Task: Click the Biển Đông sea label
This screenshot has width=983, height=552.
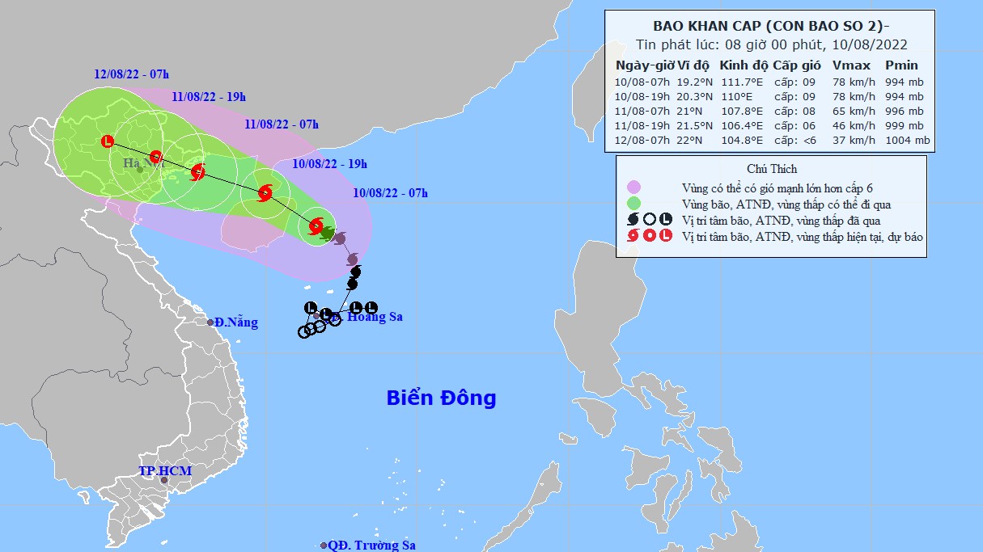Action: (x=441, y=398)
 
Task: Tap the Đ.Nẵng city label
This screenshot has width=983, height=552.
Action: (x=236, y=322)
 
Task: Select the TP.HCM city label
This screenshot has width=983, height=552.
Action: (x=164, y=470)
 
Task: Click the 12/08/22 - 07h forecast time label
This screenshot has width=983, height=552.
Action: (x=130, y=74)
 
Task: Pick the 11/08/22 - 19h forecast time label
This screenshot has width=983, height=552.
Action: (x=209, y=96)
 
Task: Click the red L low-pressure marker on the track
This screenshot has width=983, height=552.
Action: (x=108, y=141)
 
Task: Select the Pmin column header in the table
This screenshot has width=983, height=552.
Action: (x=901, y=65)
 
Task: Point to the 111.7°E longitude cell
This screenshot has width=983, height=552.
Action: (x=741, y=82)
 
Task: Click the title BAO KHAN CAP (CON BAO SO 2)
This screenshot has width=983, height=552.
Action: (x=766, y=24)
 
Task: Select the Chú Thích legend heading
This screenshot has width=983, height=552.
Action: (x=772, y=169)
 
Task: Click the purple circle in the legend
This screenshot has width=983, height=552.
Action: (x=633, y=188)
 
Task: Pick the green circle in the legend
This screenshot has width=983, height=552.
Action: (x=633, y=203)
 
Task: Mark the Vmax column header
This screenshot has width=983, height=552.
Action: (x=850, y=65)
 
